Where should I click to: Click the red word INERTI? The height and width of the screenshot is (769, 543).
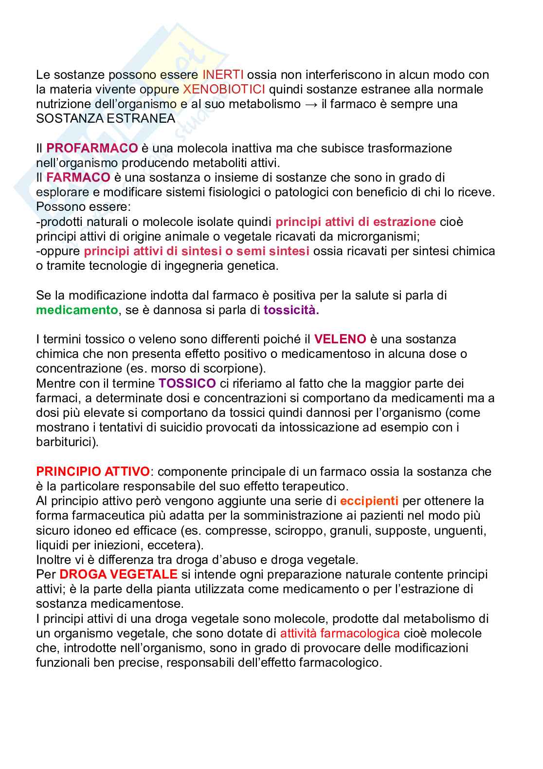pos(223,75)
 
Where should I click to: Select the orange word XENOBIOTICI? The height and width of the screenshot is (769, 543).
pos(224,89)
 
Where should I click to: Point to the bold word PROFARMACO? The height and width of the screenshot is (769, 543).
pos(92,148)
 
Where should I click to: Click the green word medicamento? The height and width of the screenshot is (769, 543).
pos(77,310)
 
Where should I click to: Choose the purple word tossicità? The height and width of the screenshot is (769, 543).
pos(291,310)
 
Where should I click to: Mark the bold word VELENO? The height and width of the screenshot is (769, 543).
pos(340,339)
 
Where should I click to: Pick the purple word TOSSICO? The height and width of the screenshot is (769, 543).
pos(187,383)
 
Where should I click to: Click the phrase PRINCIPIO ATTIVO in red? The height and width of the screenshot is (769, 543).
pos(93,471)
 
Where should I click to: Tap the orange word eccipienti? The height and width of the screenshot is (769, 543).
pos(369,501)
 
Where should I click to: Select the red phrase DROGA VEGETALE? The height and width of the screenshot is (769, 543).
pos(118,574)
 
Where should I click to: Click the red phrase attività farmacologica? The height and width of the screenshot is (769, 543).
pos(340,633)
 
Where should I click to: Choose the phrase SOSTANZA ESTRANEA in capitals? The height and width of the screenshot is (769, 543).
pos(106,118)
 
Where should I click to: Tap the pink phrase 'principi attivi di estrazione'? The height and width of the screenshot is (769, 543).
pos(356,222)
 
